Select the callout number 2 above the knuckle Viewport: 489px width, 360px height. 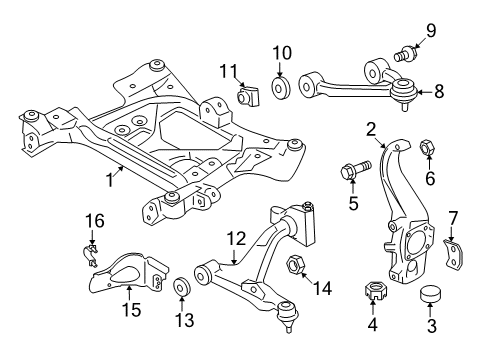(x=370, y=129)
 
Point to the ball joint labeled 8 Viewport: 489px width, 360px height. (x=407, y=94)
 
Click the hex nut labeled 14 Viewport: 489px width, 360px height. (x=297, y=265)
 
